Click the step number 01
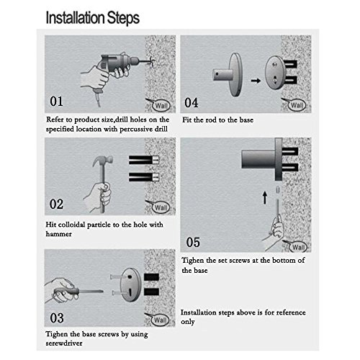56,102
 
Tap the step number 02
56,204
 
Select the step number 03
57,318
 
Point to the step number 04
192,103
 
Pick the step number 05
193,242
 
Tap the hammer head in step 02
103,161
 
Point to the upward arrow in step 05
265,198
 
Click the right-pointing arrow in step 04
256,81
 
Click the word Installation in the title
75,18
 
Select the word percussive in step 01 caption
136,130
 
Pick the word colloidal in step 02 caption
71,225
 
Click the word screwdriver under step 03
64,343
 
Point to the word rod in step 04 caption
212,120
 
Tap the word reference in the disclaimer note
291,312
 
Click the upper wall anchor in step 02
144,160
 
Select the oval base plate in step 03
130,285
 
